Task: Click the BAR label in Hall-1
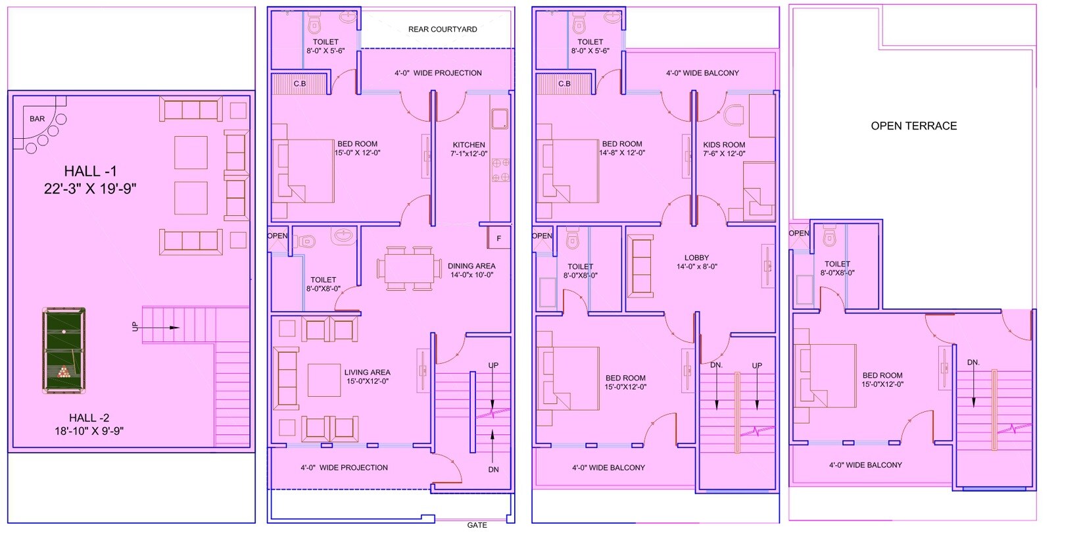click(37, 119)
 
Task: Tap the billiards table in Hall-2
click(64, 351)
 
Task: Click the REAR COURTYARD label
click(443, 30)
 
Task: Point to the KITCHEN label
click(469, 145)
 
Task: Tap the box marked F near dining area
click(499, 238)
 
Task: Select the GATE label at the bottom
click(477, 525)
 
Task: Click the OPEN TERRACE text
click(913, 126)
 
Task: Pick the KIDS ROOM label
click(724, 145)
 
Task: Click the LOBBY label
click(696, 258)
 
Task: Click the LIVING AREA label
click(367, 372)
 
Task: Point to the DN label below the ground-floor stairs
click(494, 470)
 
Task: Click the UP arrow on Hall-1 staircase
click(162, 327)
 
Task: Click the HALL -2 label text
click(89, 417)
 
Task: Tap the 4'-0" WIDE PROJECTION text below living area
click(344, 468)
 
